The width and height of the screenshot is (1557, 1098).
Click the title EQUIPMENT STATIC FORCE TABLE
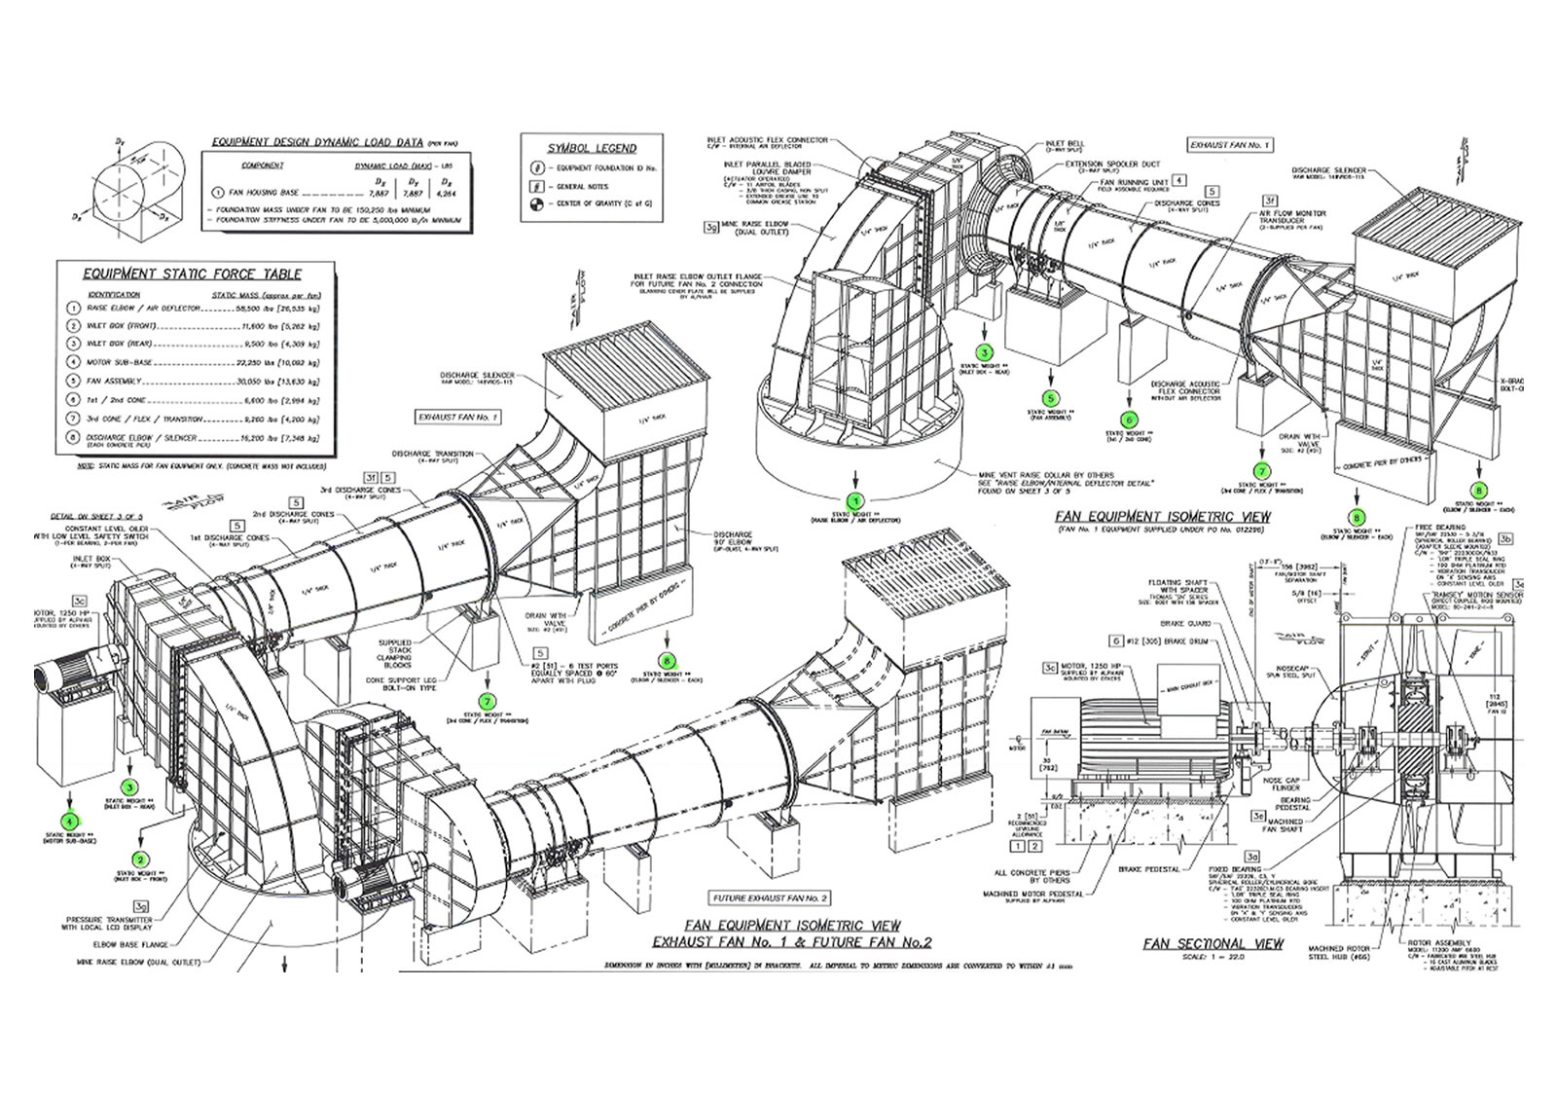[192, 274]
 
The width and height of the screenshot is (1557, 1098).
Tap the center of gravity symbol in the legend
[535, 203]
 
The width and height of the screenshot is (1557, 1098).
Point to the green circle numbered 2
[142, 860]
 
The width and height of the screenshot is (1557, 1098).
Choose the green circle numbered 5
[1050, 398]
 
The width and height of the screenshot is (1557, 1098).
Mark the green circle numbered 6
[1130, 420]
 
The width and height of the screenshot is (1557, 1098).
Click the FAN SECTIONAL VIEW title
[1213, 943]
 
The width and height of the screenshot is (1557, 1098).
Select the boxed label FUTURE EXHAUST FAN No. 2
[770, 897]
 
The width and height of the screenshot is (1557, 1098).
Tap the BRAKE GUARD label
[1182, 623]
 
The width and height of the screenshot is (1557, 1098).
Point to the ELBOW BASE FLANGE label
[132, 944]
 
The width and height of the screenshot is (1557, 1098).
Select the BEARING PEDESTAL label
[1294, 804]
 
